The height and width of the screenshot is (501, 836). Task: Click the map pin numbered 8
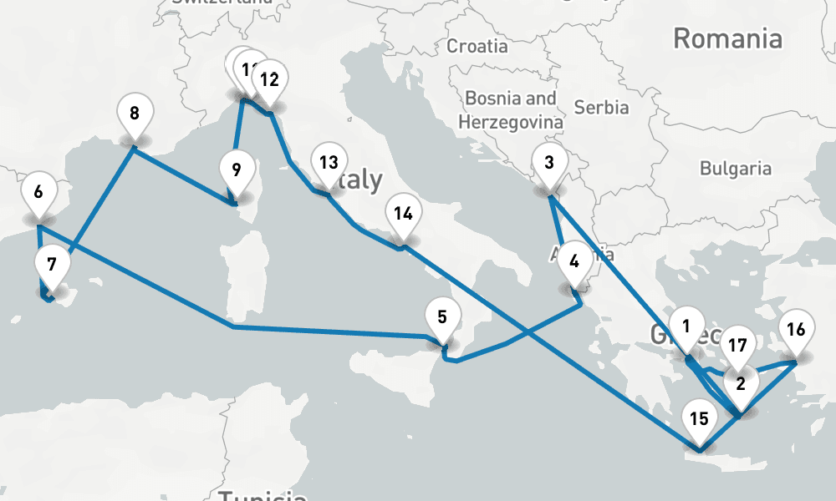tap(134, 113)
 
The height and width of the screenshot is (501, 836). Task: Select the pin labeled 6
tap(38, 192)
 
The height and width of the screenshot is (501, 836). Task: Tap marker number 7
tap(52, 266)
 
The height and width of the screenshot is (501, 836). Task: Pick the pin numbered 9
tap(236, 170)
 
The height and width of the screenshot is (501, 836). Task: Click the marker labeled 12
tap(269, 80)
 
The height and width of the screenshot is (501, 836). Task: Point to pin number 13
tap(329, 162)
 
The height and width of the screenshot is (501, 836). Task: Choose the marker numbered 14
tap(403, 213)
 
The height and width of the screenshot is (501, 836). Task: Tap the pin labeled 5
tap(442, 316)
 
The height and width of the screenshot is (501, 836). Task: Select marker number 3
tap(548, 163)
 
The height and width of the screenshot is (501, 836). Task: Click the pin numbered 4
tap(573, 260)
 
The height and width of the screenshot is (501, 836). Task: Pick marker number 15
tap(699, 418)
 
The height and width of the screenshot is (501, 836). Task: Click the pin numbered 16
tap(796, 329)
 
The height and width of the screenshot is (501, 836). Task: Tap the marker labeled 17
tap(737, 344)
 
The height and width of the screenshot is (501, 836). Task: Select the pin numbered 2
tap(740, 384)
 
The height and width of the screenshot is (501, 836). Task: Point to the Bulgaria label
tap(736, 168)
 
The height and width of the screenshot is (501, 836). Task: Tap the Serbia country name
tap(601, 107)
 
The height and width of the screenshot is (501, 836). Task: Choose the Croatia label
tap(477, 45)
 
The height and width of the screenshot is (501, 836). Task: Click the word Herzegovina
tap(510, 122)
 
